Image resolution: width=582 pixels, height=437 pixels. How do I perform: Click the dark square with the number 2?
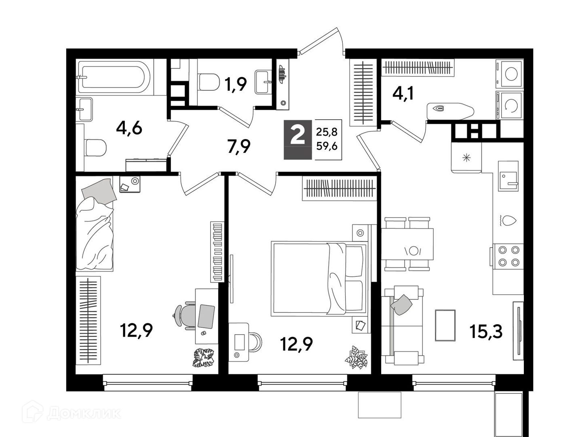click(297, 140)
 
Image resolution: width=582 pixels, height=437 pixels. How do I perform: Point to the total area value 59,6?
click(327, 146)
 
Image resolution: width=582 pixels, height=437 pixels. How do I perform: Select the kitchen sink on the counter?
click(508, 176)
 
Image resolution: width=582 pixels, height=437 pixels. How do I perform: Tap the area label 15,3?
click(486, 331)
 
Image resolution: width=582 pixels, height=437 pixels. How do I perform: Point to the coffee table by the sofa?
click(445, 325)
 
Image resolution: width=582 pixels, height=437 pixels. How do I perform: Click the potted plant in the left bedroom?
click(204, 357)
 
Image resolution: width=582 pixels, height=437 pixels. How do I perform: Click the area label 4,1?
click(403, 95)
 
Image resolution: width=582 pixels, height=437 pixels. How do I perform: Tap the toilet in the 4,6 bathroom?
click(96, 148)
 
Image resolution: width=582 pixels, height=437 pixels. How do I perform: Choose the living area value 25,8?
click(327, 132)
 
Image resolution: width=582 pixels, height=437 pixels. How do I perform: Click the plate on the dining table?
click(413, 250)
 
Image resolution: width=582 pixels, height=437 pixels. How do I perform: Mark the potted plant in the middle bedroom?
click(356, 357)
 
